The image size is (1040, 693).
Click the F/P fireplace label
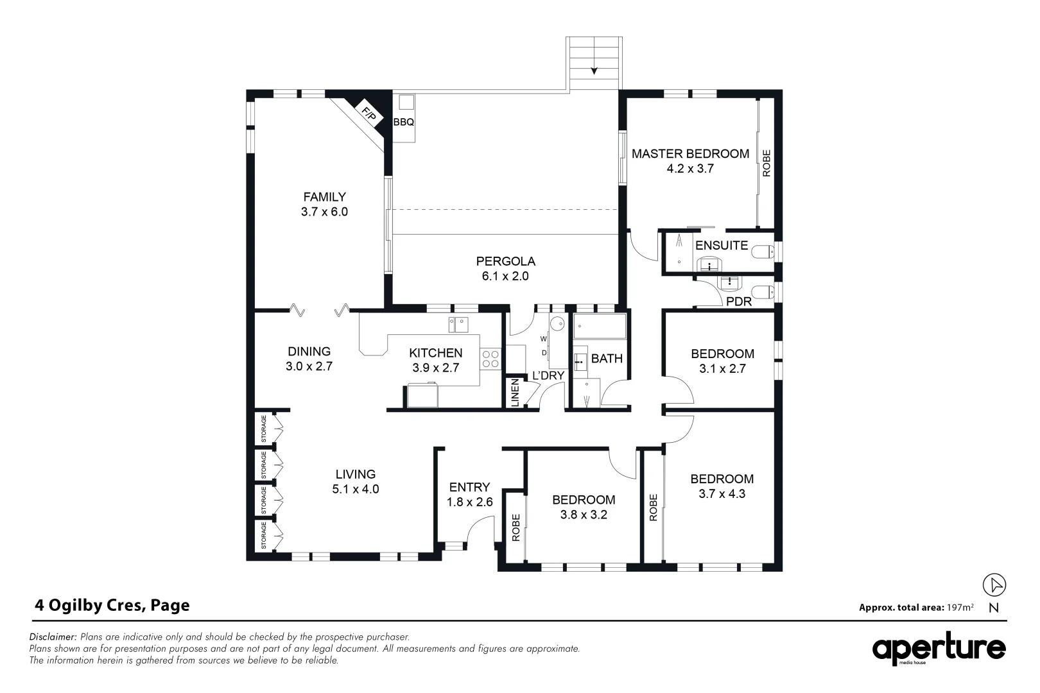[368, 114]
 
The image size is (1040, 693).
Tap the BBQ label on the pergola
[403, 122]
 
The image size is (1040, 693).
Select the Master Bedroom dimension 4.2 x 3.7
[690, 169]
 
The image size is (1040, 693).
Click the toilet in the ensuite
[764, 252]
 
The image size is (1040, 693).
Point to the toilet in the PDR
[764, 291]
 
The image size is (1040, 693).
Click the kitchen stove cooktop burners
[490, 359]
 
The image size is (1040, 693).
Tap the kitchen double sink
[458, 325]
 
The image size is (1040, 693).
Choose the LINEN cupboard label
[514, 393]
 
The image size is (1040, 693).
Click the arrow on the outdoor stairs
[594, 71]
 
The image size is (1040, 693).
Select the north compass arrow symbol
[994, 585]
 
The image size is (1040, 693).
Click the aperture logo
[939, 648]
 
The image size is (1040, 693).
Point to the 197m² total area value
[960, 607]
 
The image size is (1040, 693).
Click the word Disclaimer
[53, 637]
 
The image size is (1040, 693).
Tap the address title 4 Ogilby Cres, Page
[112, 605]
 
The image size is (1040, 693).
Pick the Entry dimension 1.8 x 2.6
[469, 502]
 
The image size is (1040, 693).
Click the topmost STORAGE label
[264, 429]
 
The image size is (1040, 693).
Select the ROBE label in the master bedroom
[766, 163]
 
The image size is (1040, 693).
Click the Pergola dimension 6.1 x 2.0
[505, 276]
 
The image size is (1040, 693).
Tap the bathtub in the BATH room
[600, 327]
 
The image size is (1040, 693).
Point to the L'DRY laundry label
[548, 375]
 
